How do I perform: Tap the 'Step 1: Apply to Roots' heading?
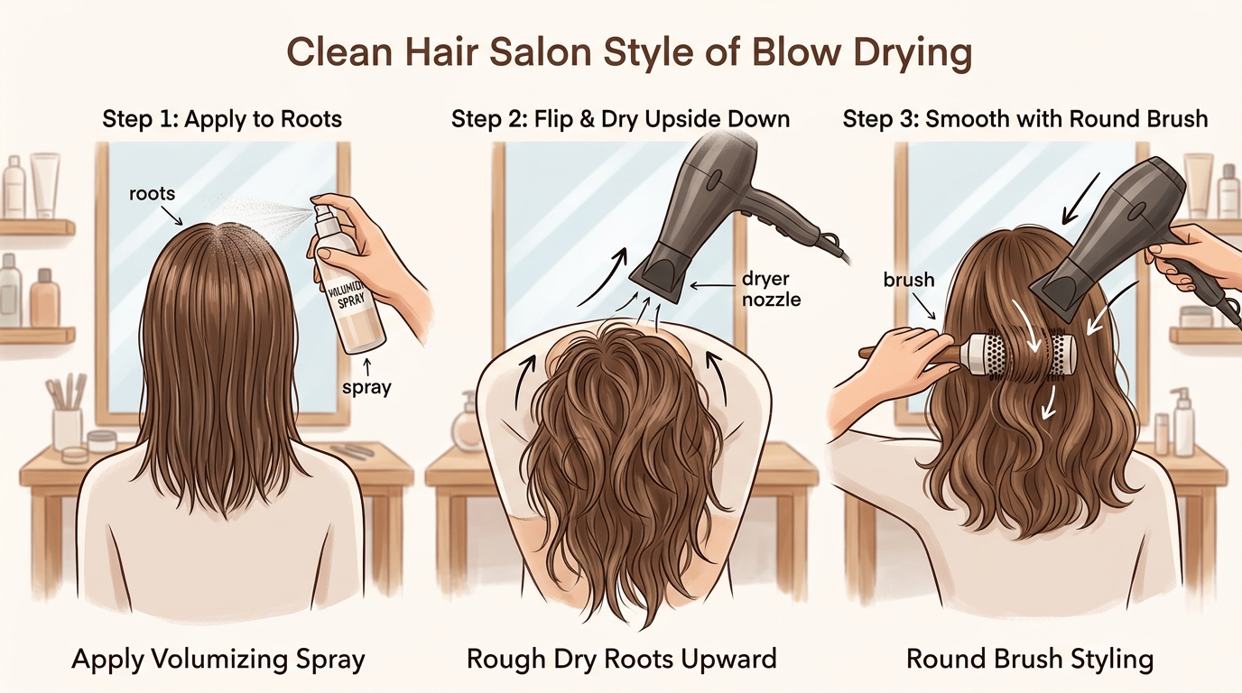coord(222,119)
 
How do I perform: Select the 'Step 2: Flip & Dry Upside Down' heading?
coord(620,119)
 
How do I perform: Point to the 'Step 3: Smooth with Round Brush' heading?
coord(1024,119)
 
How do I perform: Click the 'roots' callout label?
coord(151,193)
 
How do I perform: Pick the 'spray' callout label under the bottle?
coord(366,388)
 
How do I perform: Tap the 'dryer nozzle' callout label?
coord(771,288)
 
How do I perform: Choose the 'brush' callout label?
coord(909,280)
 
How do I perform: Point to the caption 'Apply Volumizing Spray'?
coord(218,659)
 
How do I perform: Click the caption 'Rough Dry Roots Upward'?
coord(621,659)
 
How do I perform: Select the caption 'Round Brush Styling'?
coord(1030,659)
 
